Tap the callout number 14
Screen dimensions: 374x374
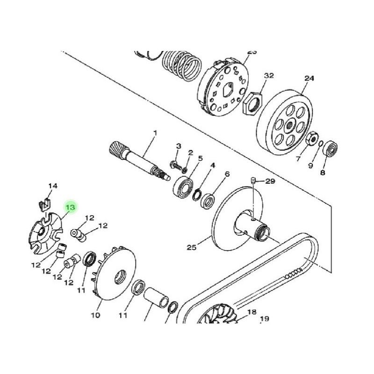pos(53,186)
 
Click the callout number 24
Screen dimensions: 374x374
pos(309,79)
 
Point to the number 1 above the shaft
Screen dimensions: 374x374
pos(155,133)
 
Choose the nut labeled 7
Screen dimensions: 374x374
pos(312,139)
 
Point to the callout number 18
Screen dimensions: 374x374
pos(252,312)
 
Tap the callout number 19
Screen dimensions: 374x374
pos(265,319)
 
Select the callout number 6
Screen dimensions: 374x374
pos(227,174)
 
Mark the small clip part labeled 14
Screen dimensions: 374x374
pos(44,203)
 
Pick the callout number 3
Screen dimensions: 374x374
pos(178,146)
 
